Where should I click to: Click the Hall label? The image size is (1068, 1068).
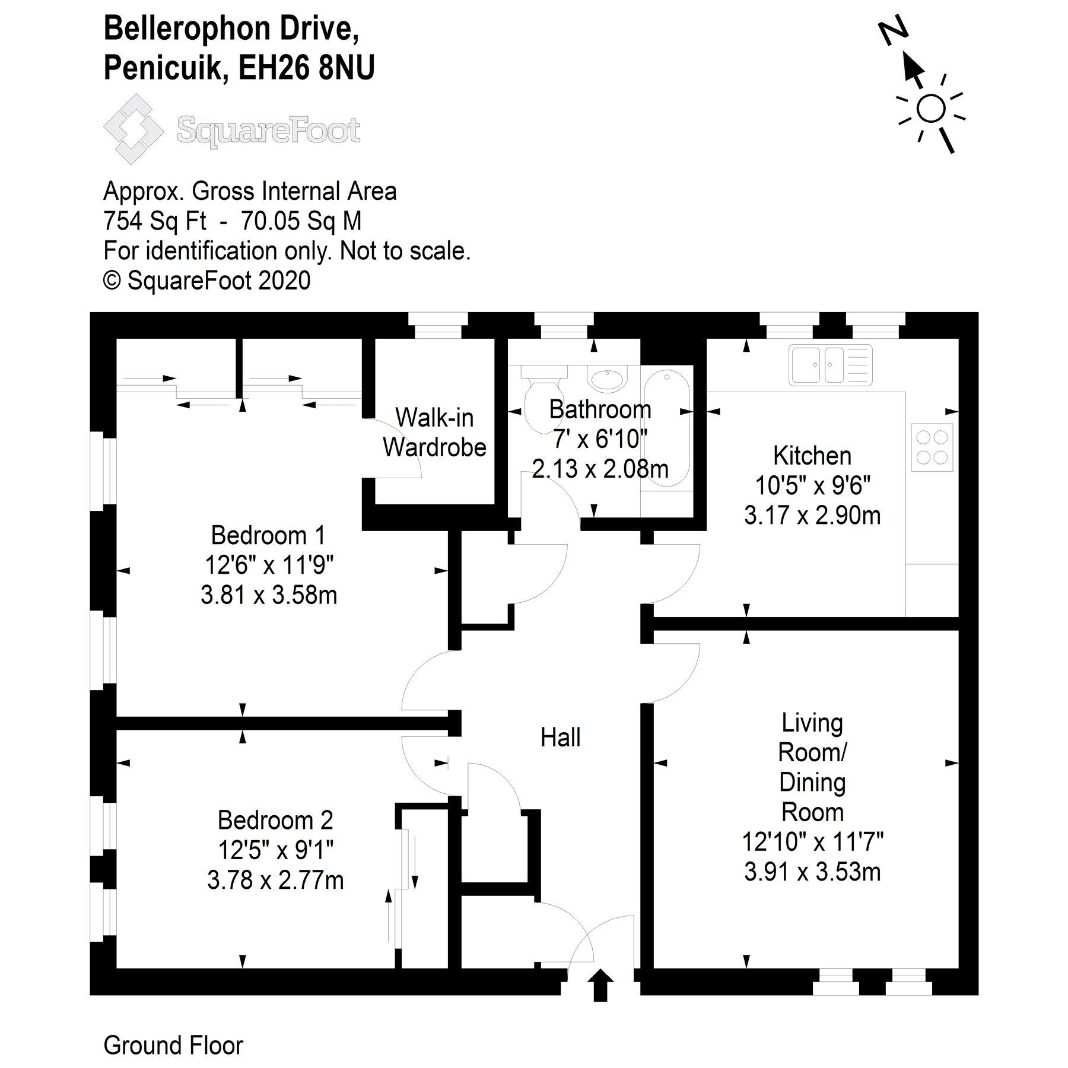pyautogui.click(x=560, y=738)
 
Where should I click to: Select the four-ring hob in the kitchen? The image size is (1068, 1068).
pyautogui.click(x=932, y=447)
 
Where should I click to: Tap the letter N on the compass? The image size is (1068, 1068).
pyautogui.click(x=893, y=31)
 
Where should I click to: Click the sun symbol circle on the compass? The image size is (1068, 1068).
pyautogui.click(x=930, y=109)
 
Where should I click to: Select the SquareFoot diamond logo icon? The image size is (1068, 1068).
pyautogui.click(x=133, y=129)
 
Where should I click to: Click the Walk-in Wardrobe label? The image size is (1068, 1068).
pyautogui.click(x=434, y=433)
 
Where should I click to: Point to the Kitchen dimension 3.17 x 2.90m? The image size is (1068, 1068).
pyautogui.click(x=812, y=516)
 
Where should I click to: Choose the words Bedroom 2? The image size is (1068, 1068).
pyautogui.click(x=275, y=821)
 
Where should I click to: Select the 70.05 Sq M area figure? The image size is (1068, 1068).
pyautogui.click(x=301, y=221)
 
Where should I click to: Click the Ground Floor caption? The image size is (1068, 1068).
pyautogui.click(x=173, y=1045)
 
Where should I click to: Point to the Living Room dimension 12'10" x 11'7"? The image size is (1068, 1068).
pyautogui.click(x=812, y=842)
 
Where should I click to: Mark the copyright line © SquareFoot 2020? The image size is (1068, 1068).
pyautogui.click(x=207, y=281)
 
